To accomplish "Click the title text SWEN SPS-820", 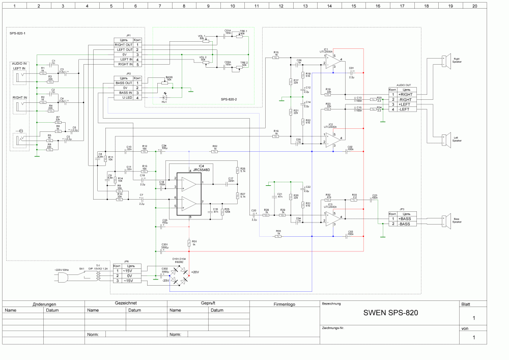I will (x=390, y=313).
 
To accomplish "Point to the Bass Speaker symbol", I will (x=445, y=221).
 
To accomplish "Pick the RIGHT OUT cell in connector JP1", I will (x=123, y=45).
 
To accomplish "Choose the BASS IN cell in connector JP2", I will (x=123, y=93).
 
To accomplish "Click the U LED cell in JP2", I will (x=123, y=98).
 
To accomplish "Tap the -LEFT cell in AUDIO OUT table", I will (x=406, y=109).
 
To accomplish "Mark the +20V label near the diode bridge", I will (x=194, y=272).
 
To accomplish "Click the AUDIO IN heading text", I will (x=19, y=63).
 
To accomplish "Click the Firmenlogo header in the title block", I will (x=284, y=304).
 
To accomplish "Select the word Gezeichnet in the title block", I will (x=125, y=303).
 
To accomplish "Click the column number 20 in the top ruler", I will (x=474, y=6).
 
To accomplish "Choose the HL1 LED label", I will (x=164, y=102).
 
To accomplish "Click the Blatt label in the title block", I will (x=466, y=304).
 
